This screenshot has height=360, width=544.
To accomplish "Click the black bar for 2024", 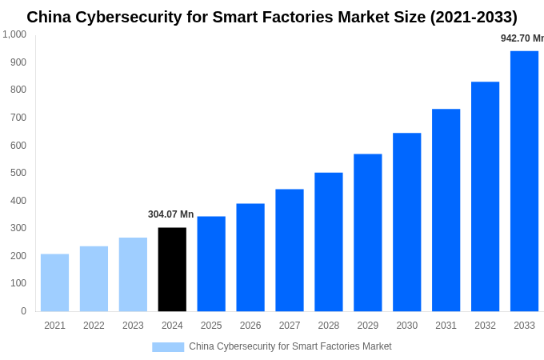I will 172,270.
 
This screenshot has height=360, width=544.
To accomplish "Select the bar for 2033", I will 524,181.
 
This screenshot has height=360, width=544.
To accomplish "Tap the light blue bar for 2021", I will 54,282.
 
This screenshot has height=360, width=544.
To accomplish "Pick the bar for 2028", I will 329,242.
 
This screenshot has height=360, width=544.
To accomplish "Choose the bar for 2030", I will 406,222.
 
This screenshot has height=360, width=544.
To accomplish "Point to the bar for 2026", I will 250,257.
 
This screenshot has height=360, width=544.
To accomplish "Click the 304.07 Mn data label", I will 170,214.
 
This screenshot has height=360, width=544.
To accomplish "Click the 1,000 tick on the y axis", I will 14,34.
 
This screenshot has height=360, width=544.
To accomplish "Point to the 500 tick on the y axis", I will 18,173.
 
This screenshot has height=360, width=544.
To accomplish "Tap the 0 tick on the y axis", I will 23,311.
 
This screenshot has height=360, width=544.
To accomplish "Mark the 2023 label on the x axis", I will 133,326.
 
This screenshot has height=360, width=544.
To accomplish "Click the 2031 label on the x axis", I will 446,326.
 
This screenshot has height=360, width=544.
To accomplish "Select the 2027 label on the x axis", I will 290,326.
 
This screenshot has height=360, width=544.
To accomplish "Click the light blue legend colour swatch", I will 168,347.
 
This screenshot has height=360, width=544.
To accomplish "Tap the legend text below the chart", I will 290,346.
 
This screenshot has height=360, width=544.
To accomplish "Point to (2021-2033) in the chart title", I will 474,17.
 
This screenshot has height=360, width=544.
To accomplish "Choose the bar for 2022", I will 94,278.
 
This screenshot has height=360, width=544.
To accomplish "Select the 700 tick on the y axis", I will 18,118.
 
